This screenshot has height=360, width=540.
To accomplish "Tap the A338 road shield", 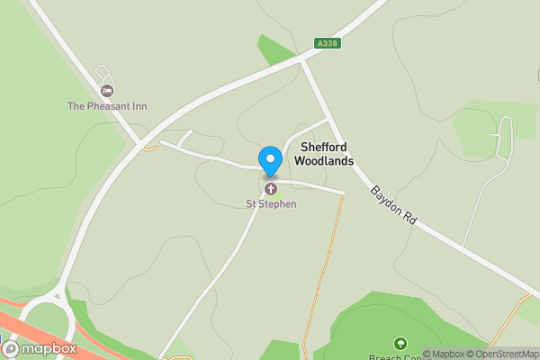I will click(327, 43).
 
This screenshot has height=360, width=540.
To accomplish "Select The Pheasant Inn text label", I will click(107, 106).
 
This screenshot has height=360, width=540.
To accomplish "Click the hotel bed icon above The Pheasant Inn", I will click(107, 91).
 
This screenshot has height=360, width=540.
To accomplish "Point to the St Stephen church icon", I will click(270, 189).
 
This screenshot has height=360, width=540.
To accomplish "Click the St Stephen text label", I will click(271, 204).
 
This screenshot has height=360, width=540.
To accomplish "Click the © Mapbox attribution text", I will click(444, 354).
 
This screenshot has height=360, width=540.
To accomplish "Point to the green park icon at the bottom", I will click(400, 342).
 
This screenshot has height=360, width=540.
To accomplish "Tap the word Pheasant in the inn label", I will click(111, 106).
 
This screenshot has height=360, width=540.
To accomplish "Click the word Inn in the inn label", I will click(139, 106).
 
